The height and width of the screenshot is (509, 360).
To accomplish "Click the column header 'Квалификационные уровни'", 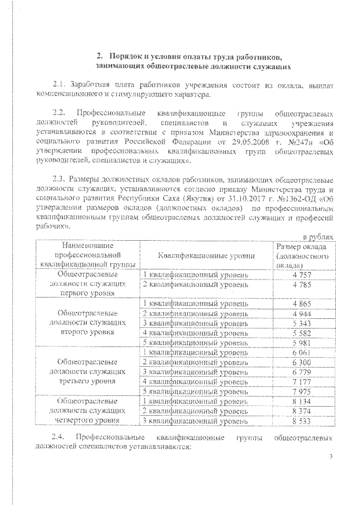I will [x=206, y=255].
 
